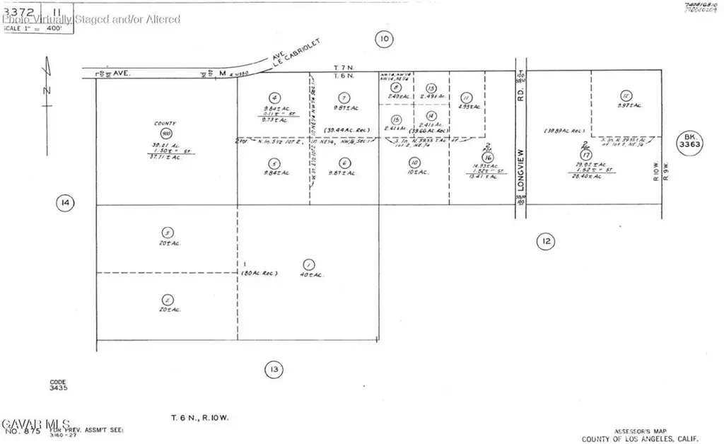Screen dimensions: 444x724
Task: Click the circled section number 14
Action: (x=66, y=204)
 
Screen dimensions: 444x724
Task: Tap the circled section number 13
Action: (x=274, y=368)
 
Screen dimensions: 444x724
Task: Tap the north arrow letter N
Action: (x=45, y=90)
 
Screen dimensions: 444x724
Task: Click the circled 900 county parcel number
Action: (x=167, y=134)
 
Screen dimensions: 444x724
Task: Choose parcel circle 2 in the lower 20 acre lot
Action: (x=167, y=298)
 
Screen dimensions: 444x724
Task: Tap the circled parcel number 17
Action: (x=585, y=154)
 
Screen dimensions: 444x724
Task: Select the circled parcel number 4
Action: (x=274, y=98)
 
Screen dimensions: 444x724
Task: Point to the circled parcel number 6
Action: (x=344, y=162)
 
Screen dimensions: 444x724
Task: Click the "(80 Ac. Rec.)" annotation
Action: (x=260, y=273)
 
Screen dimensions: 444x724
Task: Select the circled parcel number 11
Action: (x=466, y=98)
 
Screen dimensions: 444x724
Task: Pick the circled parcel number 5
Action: (x=274, y=162)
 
